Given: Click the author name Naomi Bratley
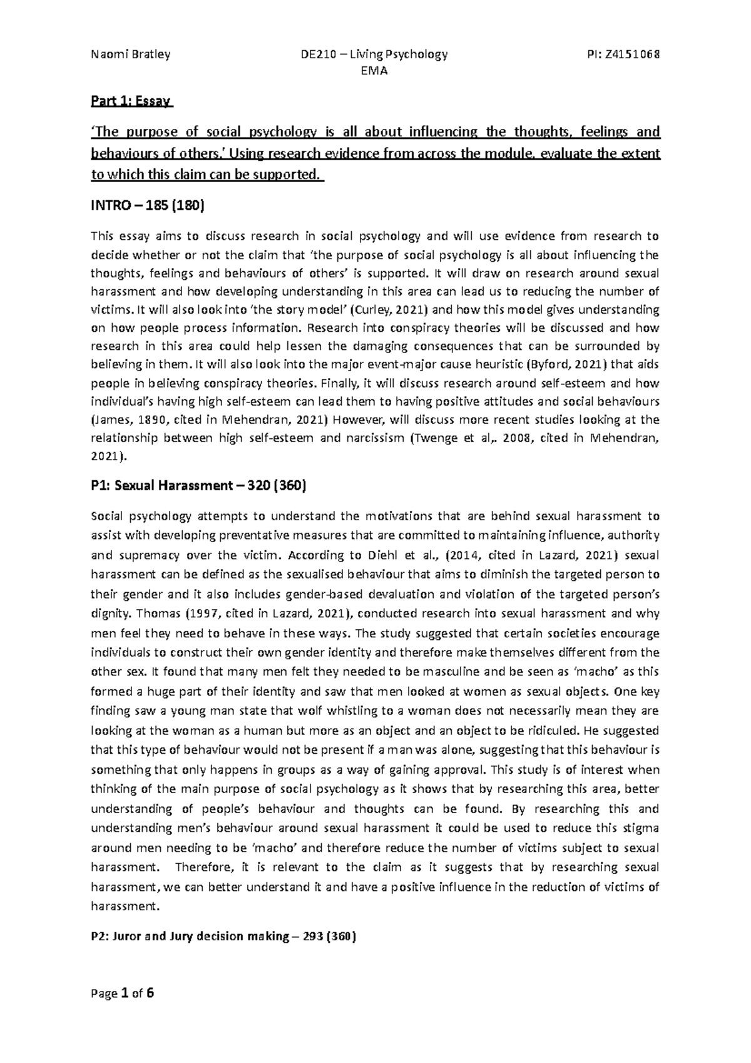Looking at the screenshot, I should (130, 54).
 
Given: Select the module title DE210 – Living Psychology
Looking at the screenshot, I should (374, 54).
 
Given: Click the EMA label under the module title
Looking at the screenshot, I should (374, 71).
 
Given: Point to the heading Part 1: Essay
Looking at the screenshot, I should (132, 101).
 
